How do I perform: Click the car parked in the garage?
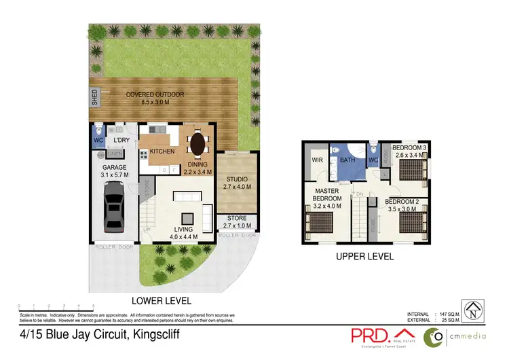click(x=113, y=207)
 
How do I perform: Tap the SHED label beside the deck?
click(x=94, y=96)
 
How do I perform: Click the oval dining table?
click(x=197, y=144)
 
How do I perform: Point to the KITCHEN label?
click(x=162, y=151)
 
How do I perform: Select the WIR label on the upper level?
click(x=316, y=160)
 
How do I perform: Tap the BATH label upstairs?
click(x=348, y=160)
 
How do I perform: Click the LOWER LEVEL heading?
click(x=161, y=300)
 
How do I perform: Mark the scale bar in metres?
click(x=56, y=308)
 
